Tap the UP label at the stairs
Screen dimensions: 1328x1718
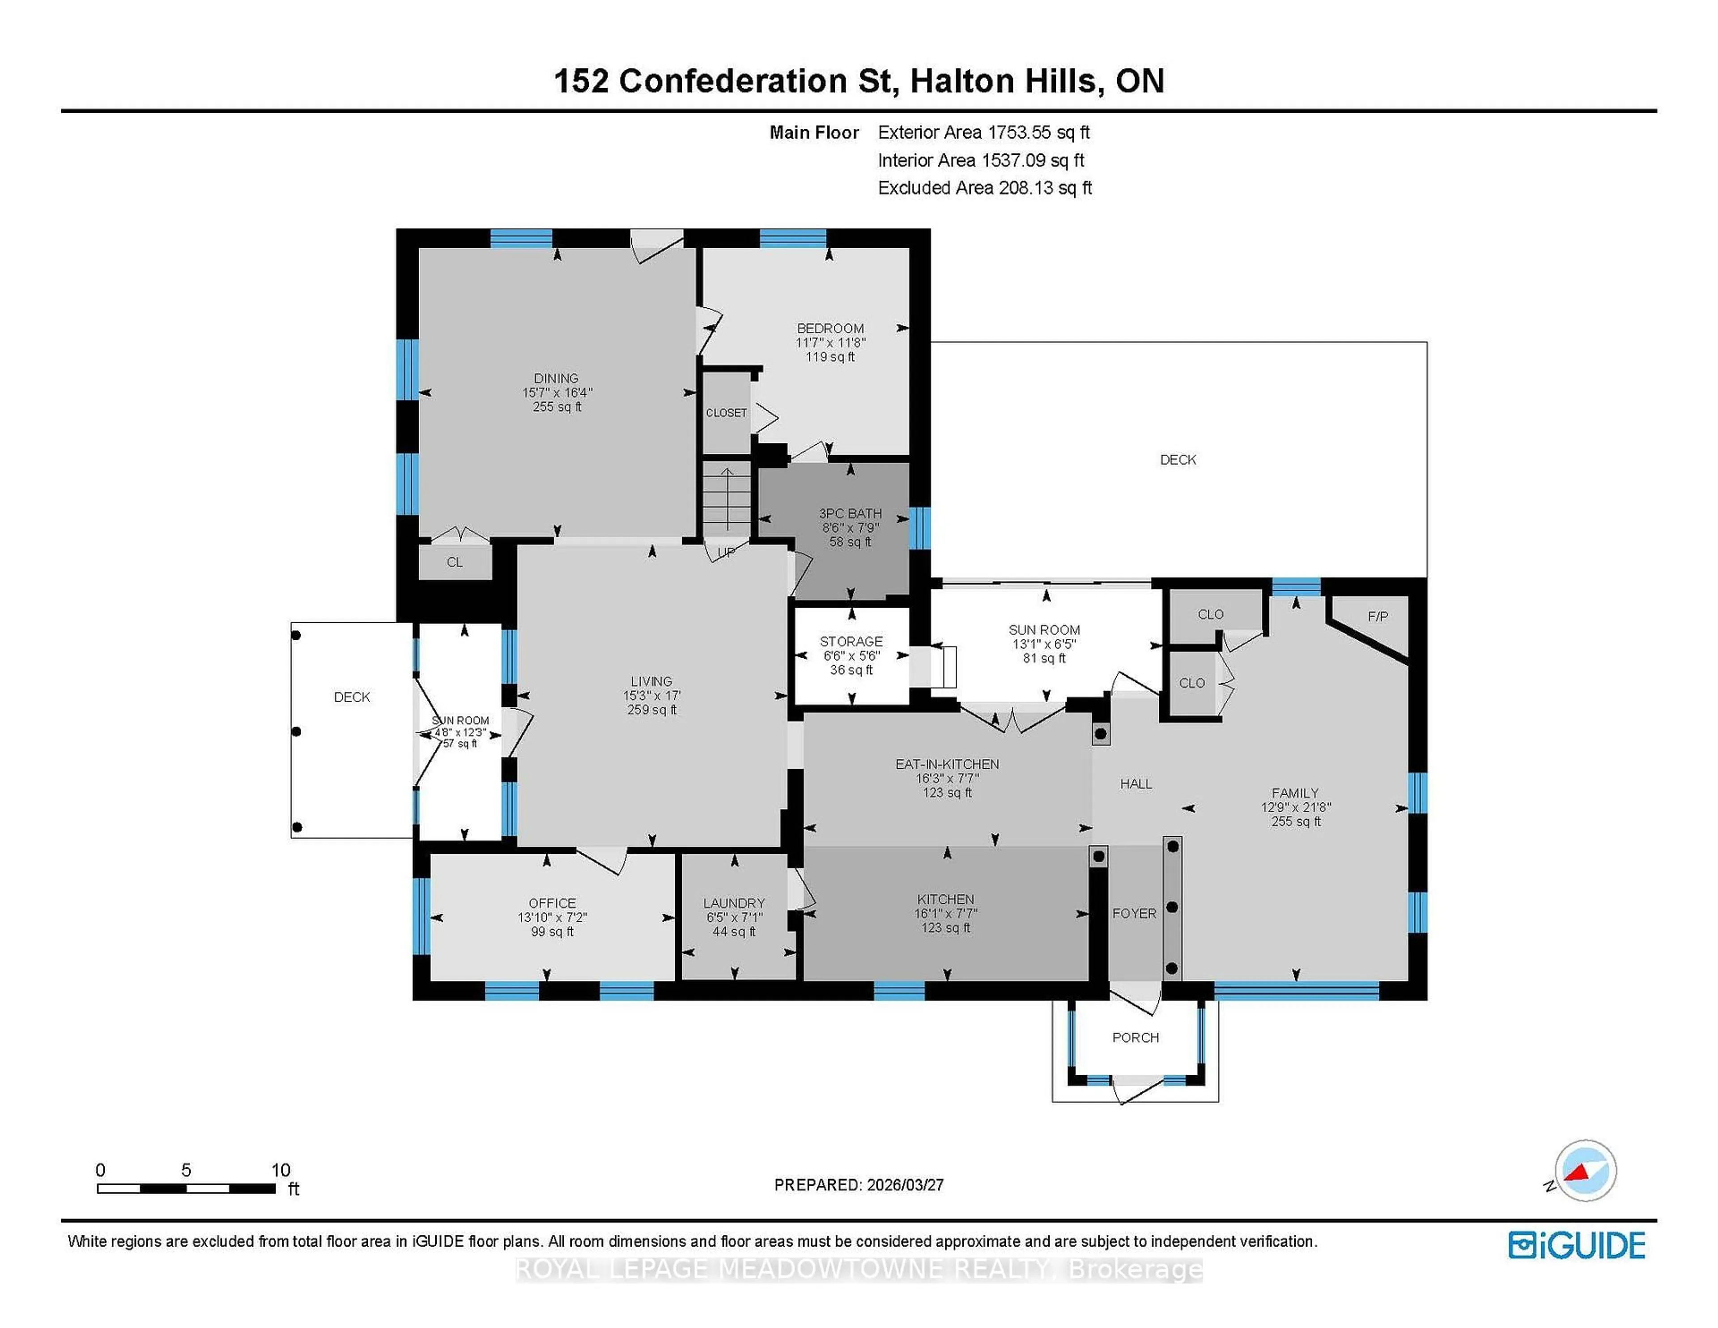[726, 552]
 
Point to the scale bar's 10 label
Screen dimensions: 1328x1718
[281, 1170]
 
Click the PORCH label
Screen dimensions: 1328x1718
[1135, 1038]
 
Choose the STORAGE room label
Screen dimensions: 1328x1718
[851, 641]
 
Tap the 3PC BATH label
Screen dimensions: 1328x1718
[850, 513]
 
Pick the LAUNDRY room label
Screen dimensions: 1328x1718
[734, 903]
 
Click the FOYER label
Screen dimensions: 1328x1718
[1134, 913]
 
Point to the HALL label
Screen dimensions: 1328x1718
[1136, 783]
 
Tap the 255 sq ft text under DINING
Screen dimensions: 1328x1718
[557, 407]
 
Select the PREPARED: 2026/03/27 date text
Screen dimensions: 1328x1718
[859, 1185]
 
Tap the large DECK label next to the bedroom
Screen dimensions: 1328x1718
[1178, 460]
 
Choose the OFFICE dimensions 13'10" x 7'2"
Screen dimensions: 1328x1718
[552, 917]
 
